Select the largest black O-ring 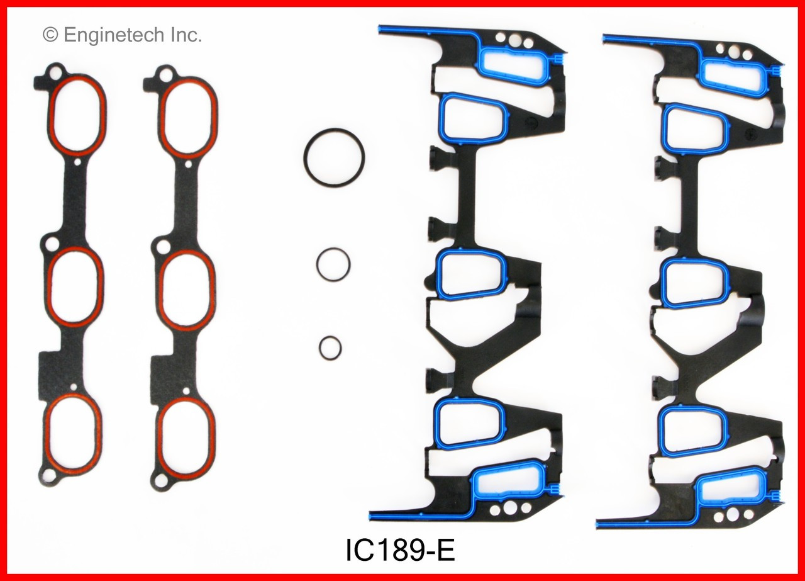coord(333,158)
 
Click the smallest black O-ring coord(330,347)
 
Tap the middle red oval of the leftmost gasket coord(74,287)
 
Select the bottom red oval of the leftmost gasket coord(73,434)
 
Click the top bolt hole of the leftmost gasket coord(55,74)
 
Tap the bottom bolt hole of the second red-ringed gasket coord(161,482)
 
